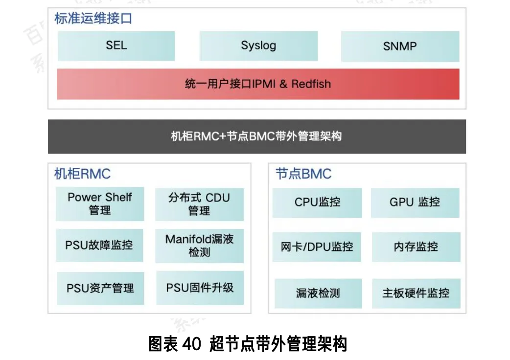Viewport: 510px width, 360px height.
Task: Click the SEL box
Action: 116,46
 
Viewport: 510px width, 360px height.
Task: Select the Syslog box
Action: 258,46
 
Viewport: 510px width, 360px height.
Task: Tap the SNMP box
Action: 400,46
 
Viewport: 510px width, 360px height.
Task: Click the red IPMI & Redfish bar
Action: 258,84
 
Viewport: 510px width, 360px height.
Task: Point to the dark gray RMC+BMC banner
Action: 257,136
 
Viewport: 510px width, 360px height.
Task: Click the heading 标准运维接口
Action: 93,19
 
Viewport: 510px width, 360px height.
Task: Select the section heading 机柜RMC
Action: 82,174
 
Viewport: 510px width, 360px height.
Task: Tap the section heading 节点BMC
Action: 303,174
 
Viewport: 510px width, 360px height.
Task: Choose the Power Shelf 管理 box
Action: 100,203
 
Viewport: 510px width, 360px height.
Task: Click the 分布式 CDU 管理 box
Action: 199,204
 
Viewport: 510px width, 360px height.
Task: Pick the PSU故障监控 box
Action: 99,246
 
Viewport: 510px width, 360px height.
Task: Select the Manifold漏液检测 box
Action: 199,246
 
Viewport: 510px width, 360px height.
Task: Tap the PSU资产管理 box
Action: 100,289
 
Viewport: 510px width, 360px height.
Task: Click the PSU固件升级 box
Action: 200,288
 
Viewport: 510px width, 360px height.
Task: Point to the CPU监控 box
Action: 317,202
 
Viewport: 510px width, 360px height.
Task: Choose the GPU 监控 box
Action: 415,202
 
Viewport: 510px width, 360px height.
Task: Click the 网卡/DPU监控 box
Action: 317,247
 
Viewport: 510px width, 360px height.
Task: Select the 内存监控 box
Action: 416,247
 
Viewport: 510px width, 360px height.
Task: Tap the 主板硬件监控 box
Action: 416,293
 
